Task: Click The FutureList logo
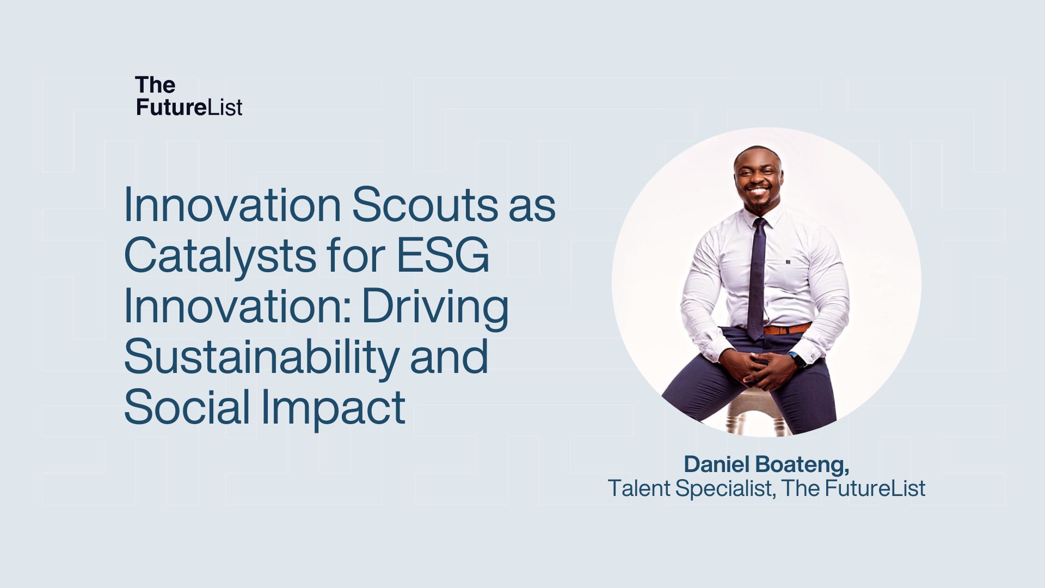click(189, 96)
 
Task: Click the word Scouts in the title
click(425, 205)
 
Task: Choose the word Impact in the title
click(334, 408)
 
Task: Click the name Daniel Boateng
click(766, 464)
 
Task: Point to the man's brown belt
click(786, 328)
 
